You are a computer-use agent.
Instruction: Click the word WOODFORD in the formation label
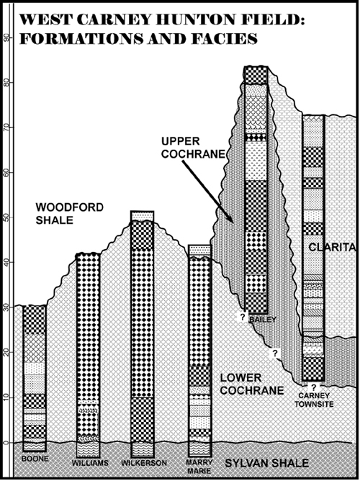coord(70,207)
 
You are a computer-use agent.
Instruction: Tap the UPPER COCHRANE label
coord(193,148)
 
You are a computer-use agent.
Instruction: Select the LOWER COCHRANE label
coord(252,384)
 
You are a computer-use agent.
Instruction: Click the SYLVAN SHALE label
coord(267,463)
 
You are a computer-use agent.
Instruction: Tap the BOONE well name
coord(35,459)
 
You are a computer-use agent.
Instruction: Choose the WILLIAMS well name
coord(90,463)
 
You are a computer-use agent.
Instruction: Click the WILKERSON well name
coord(144,463)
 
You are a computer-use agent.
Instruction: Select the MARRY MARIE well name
coord(199,467)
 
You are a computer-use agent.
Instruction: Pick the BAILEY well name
coord(263,320)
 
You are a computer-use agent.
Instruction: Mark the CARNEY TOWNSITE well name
coord(314,400)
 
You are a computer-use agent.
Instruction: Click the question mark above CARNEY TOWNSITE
coord(314,387)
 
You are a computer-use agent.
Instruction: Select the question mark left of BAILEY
coord(242,318)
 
